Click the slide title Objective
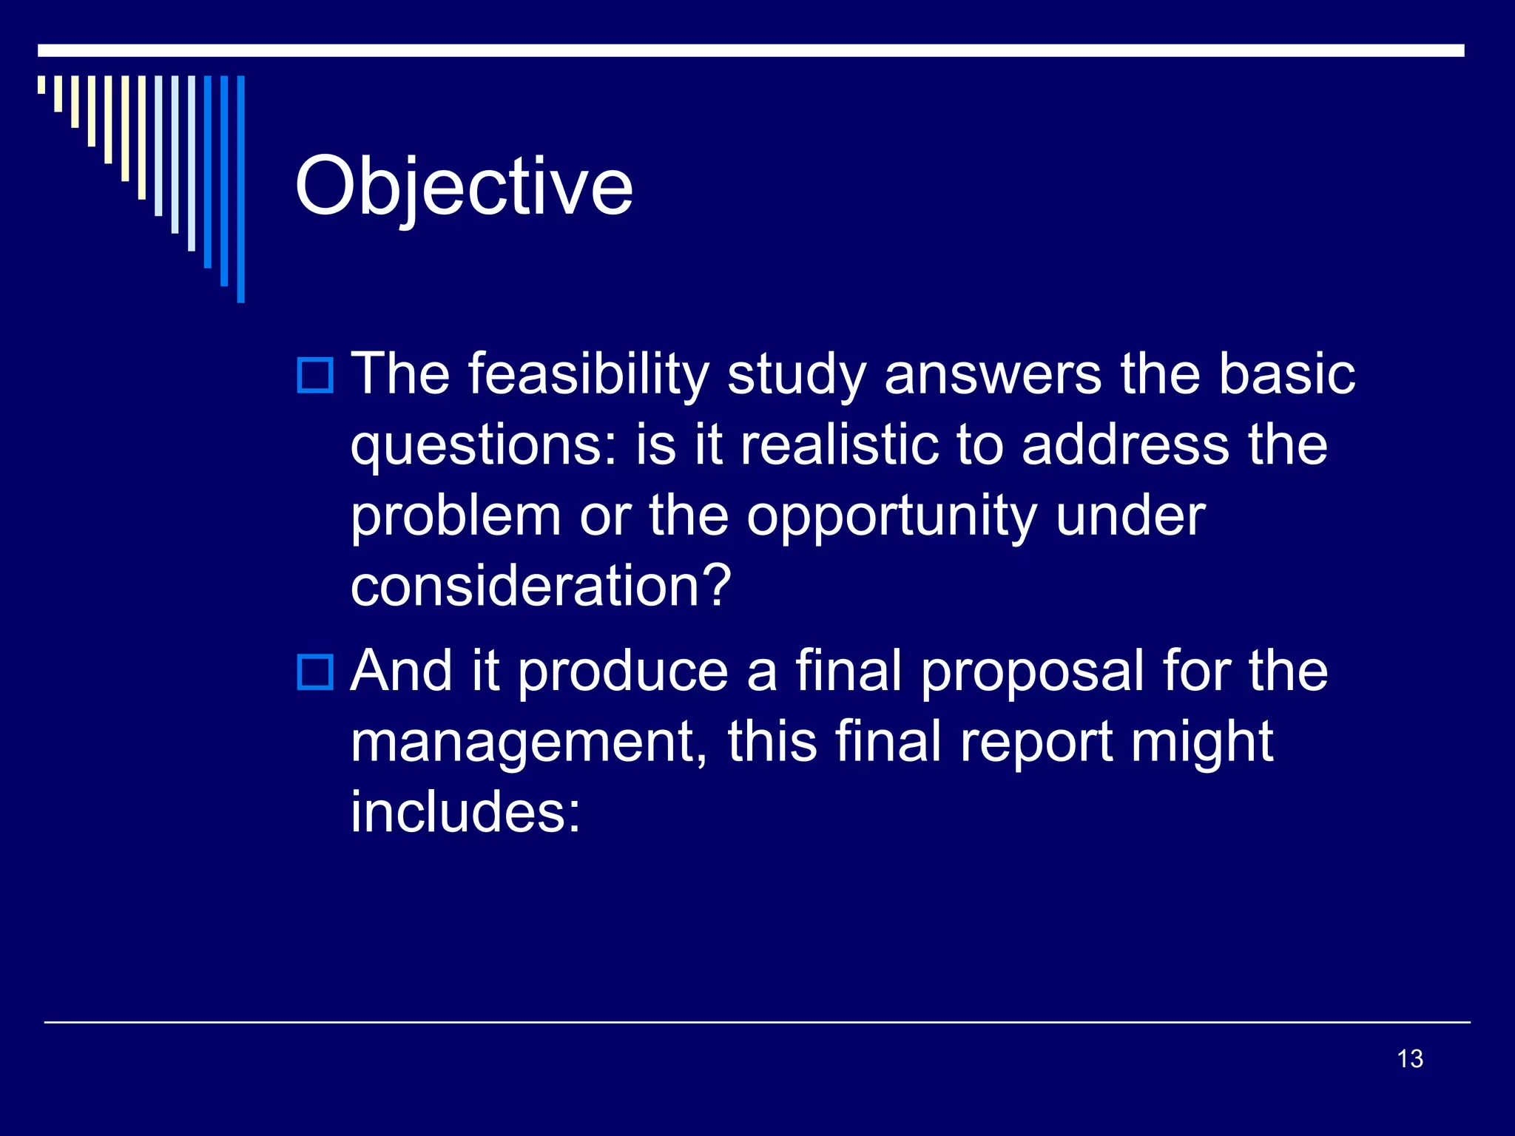pyautogui.click(x=464, y=189)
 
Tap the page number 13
pyautogui.click(x=1410, y=1058)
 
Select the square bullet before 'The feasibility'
pyautogui.click(x=315, y=375)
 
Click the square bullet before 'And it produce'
pyautogui.click(x=315, y=672)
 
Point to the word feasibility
pyautogui.click(x=588, y=375)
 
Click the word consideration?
pyautogui.click(x=541, y=586)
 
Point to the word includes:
pyautogui.click(x=466, y=812)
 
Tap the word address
pyautogui.click(x=1125, y=446)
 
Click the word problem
pyautogui.click(x=456, y=518)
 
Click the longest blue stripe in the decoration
pyautogui.click(x=240, y=189)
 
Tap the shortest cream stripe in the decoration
pyautogui.click(x=41, y=84)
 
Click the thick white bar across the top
pyautogui.click(x=751, y=50)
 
